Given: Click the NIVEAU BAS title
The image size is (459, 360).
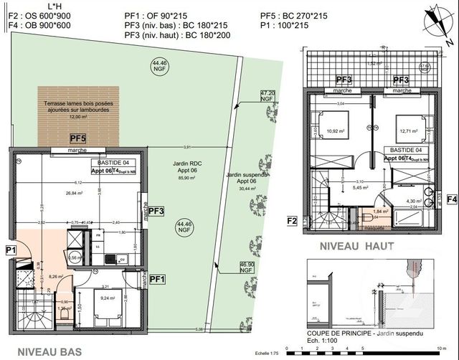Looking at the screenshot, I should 49,352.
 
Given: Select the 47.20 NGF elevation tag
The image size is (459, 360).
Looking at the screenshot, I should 266,96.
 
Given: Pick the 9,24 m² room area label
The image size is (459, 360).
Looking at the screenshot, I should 108,298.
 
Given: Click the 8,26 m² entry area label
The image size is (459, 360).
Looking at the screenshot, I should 37,275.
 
